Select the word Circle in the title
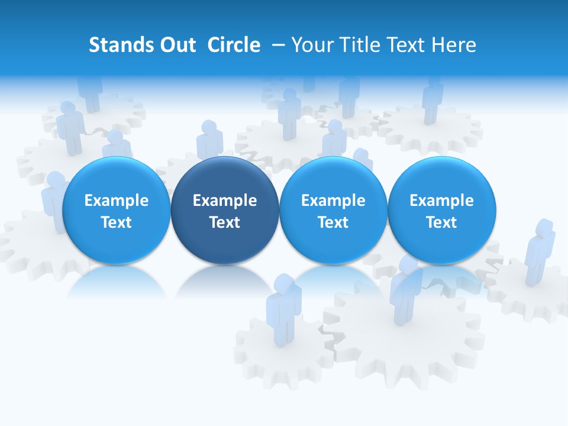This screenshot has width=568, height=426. pyautogui.click(x=234, y=45)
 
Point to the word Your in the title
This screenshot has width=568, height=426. pyautogui.click(x=311, y=45)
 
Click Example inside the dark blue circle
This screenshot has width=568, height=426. pyautogui.click(x=225, y=201)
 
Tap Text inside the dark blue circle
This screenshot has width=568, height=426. pyautogui.click(x=225, y=222)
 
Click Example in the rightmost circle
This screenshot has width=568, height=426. pyautogui.click(x=442, y=201)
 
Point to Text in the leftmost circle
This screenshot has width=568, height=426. pyautogui.click(x=116, y=222)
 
